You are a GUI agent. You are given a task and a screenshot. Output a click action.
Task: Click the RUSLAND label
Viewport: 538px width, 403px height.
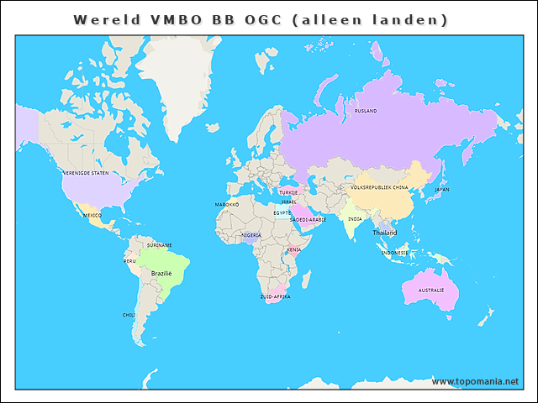point(366,111)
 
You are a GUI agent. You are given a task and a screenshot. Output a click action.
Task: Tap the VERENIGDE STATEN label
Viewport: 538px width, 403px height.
point(86,173)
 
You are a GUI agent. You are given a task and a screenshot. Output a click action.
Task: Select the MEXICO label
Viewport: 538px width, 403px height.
point(92,216)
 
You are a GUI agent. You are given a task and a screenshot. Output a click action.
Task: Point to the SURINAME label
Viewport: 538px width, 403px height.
point(159,245)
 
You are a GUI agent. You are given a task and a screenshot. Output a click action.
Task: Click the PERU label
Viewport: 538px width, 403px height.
point(129,261)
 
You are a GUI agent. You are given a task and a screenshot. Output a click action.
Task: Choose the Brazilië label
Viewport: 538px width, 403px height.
point(161,273)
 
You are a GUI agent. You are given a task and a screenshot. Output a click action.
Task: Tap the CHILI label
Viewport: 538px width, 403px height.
point(129,315)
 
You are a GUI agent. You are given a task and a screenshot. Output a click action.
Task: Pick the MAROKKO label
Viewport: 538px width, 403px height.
point(227,204)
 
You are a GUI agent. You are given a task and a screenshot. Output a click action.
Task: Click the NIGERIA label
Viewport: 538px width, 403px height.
point(251,235)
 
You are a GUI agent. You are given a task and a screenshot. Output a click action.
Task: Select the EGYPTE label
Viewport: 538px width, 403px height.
point(282,212)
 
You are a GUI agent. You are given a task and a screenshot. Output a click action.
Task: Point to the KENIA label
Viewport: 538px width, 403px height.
point(293,249)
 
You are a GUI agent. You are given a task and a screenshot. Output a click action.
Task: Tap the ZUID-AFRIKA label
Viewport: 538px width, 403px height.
point(275,296)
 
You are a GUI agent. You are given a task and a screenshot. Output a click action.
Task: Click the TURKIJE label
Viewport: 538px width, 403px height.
point(288,192)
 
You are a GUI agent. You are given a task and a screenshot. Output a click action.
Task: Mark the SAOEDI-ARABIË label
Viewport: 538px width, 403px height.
point(308,219)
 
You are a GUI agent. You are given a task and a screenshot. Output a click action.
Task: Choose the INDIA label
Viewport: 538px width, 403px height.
point(356,219)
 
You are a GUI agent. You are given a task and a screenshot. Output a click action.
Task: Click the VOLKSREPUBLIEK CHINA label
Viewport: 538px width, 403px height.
point(379,188)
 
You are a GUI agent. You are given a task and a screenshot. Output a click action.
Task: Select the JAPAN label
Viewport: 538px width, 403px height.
point(442,190)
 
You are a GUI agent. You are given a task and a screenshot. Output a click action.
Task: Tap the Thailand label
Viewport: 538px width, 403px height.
point(385,233)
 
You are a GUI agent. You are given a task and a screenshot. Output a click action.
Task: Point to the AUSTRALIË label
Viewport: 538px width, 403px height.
point(431,290)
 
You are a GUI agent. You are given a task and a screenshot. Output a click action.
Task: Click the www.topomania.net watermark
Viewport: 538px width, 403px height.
point(475,381)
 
